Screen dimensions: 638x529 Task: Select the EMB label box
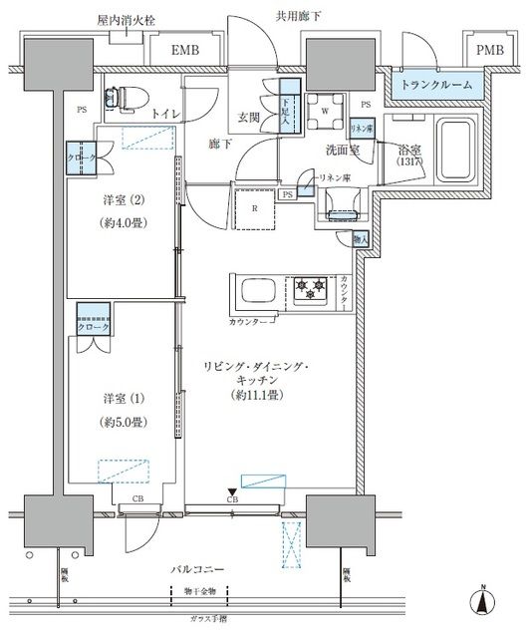pyautogui.click(x=182, y=51)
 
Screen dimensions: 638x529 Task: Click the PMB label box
pyautogui.click(x=488, y=51)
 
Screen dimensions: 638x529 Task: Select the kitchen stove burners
pyautogui.click(x=310, y=291)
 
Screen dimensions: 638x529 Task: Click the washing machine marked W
pyautogui.click(x=324, y=110)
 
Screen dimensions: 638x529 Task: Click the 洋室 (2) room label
pyautogui.click(x=121, y=198)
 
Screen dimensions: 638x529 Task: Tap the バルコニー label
pyautogui.click(x=195, y=568)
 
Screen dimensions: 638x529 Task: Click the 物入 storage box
pyautogui.click(x=361, y=240)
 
